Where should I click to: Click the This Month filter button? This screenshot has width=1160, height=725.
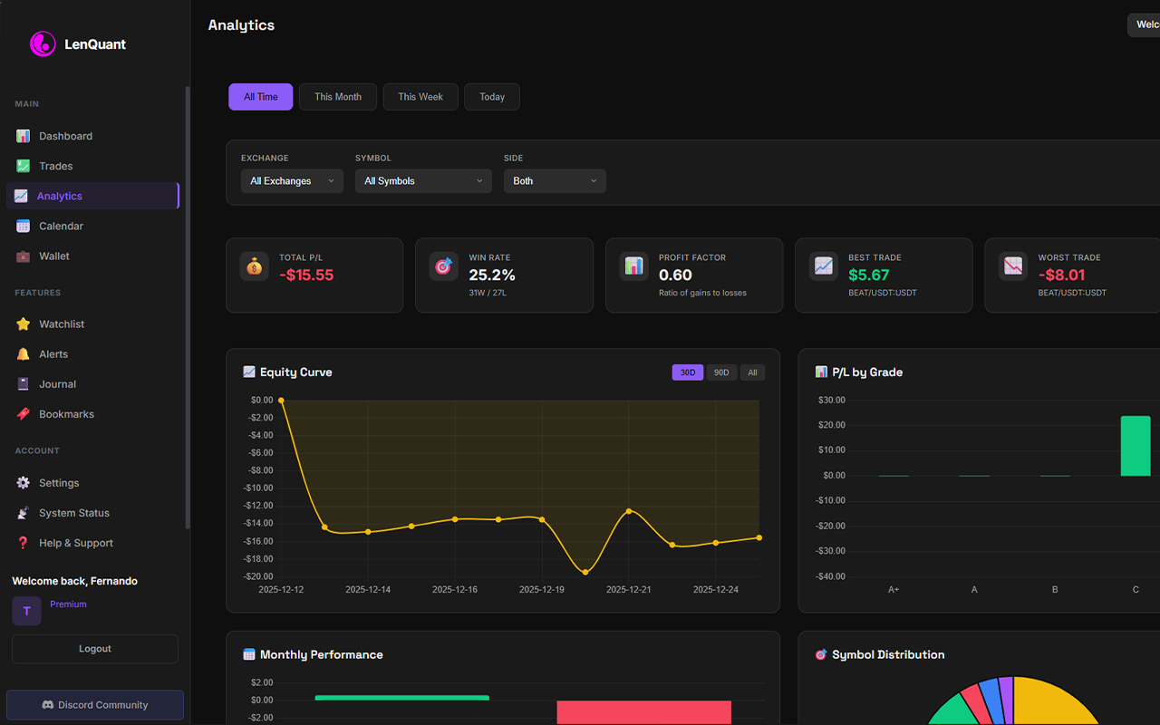coord(337,97)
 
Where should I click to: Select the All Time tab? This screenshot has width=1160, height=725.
coord(260,97)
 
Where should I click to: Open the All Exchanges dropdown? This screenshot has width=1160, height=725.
coord(292,181)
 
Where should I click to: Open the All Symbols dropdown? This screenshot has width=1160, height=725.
coord(423,181)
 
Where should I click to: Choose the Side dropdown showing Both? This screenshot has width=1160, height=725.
coord(555,181)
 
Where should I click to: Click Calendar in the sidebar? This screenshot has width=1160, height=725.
coord(61,226)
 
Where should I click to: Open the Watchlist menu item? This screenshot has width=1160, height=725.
coord(62,324)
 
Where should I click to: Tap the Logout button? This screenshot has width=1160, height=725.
coord(95,649)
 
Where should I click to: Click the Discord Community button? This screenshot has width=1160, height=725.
coord(95,705)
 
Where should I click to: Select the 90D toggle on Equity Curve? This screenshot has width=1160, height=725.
coord(720,372)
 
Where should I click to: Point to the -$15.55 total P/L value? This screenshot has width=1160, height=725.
coord(306,275)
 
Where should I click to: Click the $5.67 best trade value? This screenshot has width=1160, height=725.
coord(869,275)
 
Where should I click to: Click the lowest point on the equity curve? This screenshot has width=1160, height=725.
coord(585,572)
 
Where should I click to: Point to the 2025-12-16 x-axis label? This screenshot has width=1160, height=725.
coord(454,589)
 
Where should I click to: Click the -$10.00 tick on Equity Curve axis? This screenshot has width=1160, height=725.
coord(261,488)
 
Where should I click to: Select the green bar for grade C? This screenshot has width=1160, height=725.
coord(1136,446)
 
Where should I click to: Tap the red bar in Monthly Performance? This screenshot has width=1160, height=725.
coord(643,711)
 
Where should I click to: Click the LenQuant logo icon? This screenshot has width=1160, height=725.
coord(43,43)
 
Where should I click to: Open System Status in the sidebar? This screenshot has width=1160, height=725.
coord(73,513)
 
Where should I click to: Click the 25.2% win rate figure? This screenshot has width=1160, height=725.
coord(492,275)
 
